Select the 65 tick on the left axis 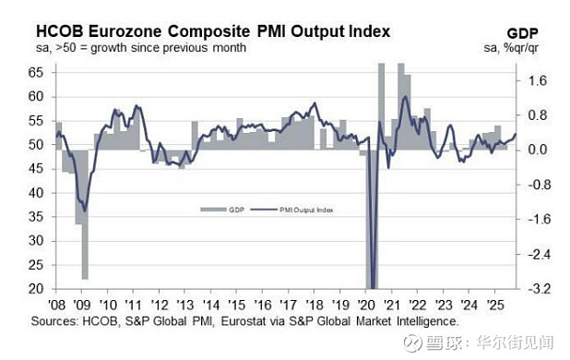click(36, 72)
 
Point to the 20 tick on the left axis click(36, 289)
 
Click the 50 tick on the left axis click(36, 145)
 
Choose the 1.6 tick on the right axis click(538, 81)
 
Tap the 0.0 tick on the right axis click(538, 150)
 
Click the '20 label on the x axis click(368, 305)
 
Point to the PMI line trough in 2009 click(85, 210)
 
